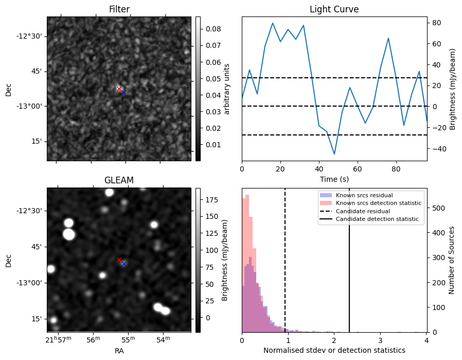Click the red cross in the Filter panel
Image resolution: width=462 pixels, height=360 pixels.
coord(119,89)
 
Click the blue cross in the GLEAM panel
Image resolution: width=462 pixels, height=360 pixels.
coord(124,264)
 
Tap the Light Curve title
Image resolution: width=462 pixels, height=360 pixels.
coord(334,9)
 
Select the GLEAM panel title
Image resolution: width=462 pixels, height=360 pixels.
coord(119,180)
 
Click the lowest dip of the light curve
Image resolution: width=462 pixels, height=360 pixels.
coord(334,154)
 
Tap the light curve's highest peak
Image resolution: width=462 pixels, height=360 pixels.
coord(273,23)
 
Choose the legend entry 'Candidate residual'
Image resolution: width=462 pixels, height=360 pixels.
coord(363,211)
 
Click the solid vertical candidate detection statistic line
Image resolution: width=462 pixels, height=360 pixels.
coord(349,260)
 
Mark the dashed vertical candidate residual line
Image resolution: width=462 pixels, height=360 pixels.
coord(285,260)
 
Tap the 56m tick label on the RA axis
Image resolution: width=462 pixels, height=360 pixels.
coord(93,339)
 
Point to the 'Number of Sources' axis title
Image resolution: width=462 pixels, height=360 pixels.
coord(451,261)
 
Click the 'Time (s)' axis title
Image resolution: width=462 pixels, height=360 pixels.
coord(334,179)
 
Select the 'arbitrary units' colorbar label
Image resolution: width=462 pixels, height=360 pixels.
coord(226,89)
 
